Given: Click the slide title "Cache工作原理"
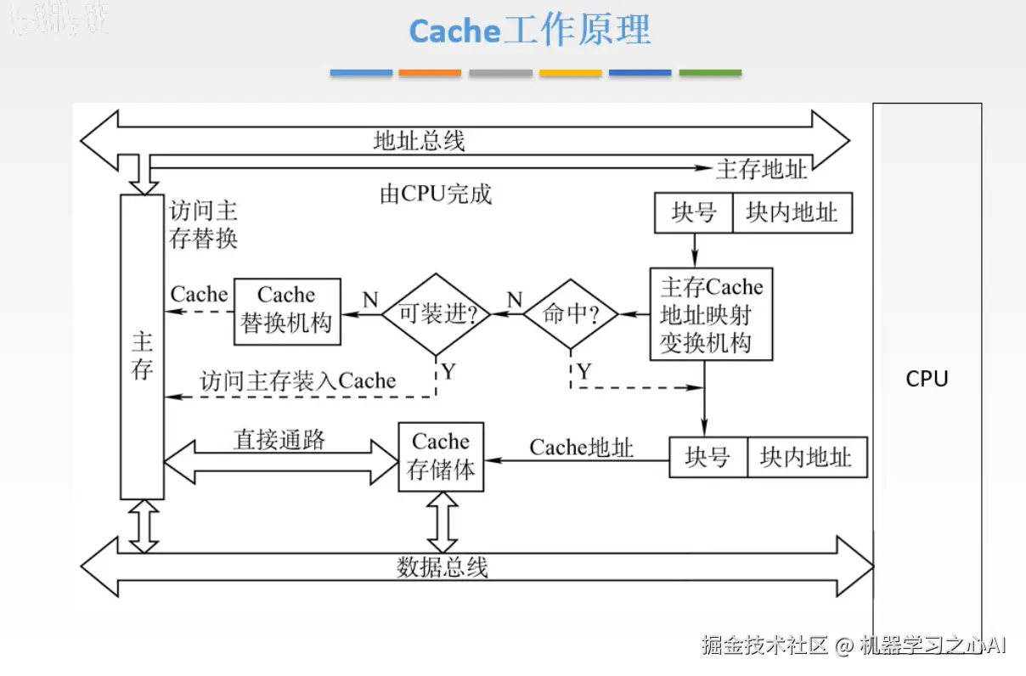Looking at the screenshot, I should pyautogui.click(x=529, y=31).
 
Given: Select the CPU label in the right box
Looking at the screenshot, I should pyautogui.click(x=927, y=379).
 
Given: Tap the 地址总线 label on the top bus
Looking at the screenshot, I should pyautogui.click(x=420, y=140).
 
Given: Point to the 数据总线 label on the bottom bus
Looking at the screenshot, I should pyautogui.click(x=442, y=566).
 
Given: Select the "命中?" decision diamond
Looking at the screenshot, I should pyautogui.click(x=570, y=314).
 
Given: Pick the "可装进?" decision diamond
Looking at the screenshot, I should pyautogui.click(x=436, y=314).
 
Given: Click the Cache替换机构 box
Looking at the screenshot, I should pyautogui.click(x=287, y=311).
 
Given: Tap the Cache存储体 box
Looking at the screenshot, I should pyautogui.click(x=441, y=457).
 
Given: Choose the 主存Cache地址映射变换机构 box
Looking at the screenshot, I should pyautogui.click(x=711, y=314).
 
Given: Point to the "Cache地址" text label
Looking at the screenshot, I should pyautogui.click(x=582, y=448).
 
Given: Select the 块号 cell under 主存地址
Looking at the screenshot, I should pyautogui.click(x=693, y=212).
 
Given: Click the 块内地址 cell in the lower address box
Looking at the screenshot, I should pyautogui.click(x=805, y=458).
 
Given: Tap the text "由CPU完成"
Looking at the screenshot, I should pyautogui.click(x=435, y=194).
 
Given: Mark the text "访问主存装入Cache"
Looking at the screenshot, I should pyautogui.click(x=298, y=380).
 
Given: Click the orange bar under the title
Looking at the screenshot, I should pyautogui.click(x=430, y=74).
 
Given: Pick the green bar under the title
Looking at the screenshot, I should pyautogui.click(x=710, y=74).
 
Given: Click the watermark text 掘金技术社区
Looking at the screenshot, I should pyautogui.click(x=764, y=645).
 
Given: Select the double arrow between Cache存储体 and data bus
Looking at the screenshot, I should pyautogui.click(x=442, y=521).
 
